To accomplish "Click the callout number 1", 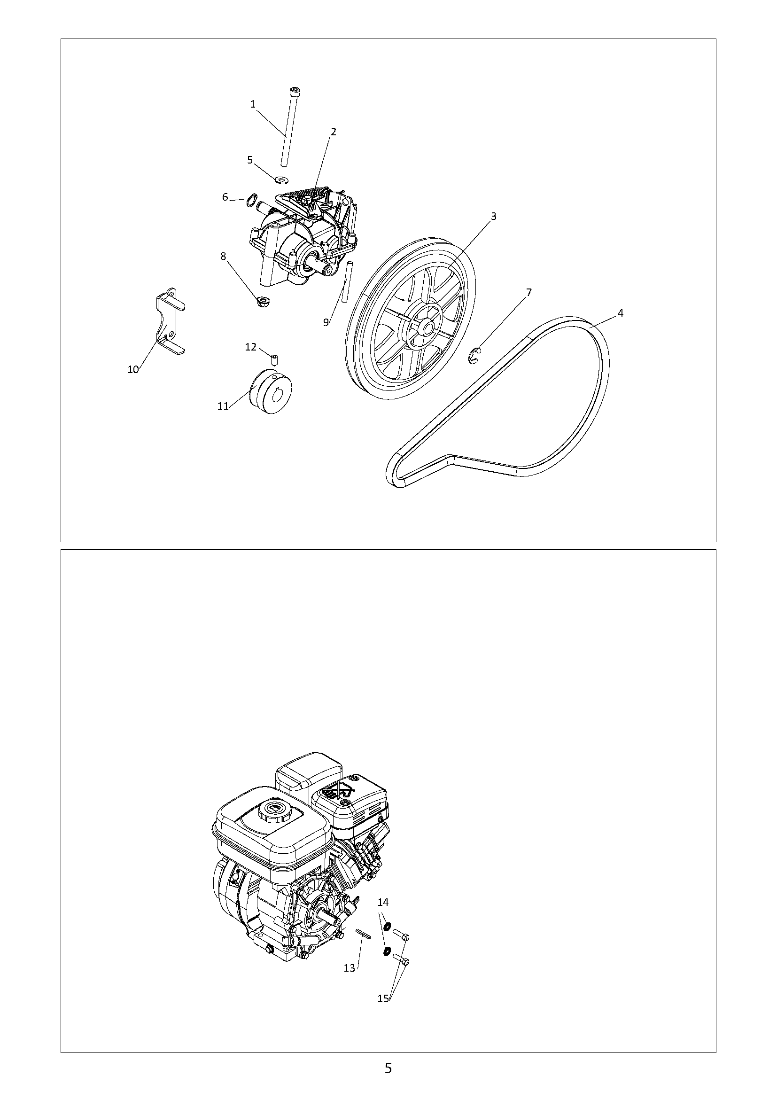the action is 253,104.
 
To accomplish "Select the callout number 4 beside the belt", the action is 620,313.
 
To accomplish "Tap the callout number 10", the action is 133,369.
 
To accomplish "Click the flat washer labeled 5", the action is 282,179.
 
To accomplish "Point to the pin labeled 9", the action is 348,281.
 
